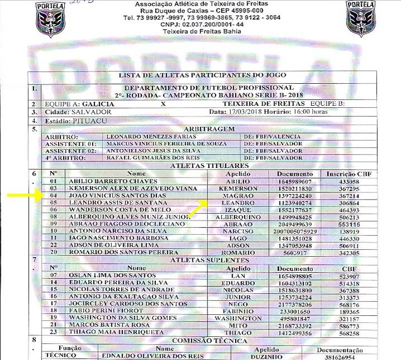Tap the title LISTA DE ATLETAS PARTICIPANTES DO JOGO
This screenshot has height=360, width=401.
click(x=203, y=75)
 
